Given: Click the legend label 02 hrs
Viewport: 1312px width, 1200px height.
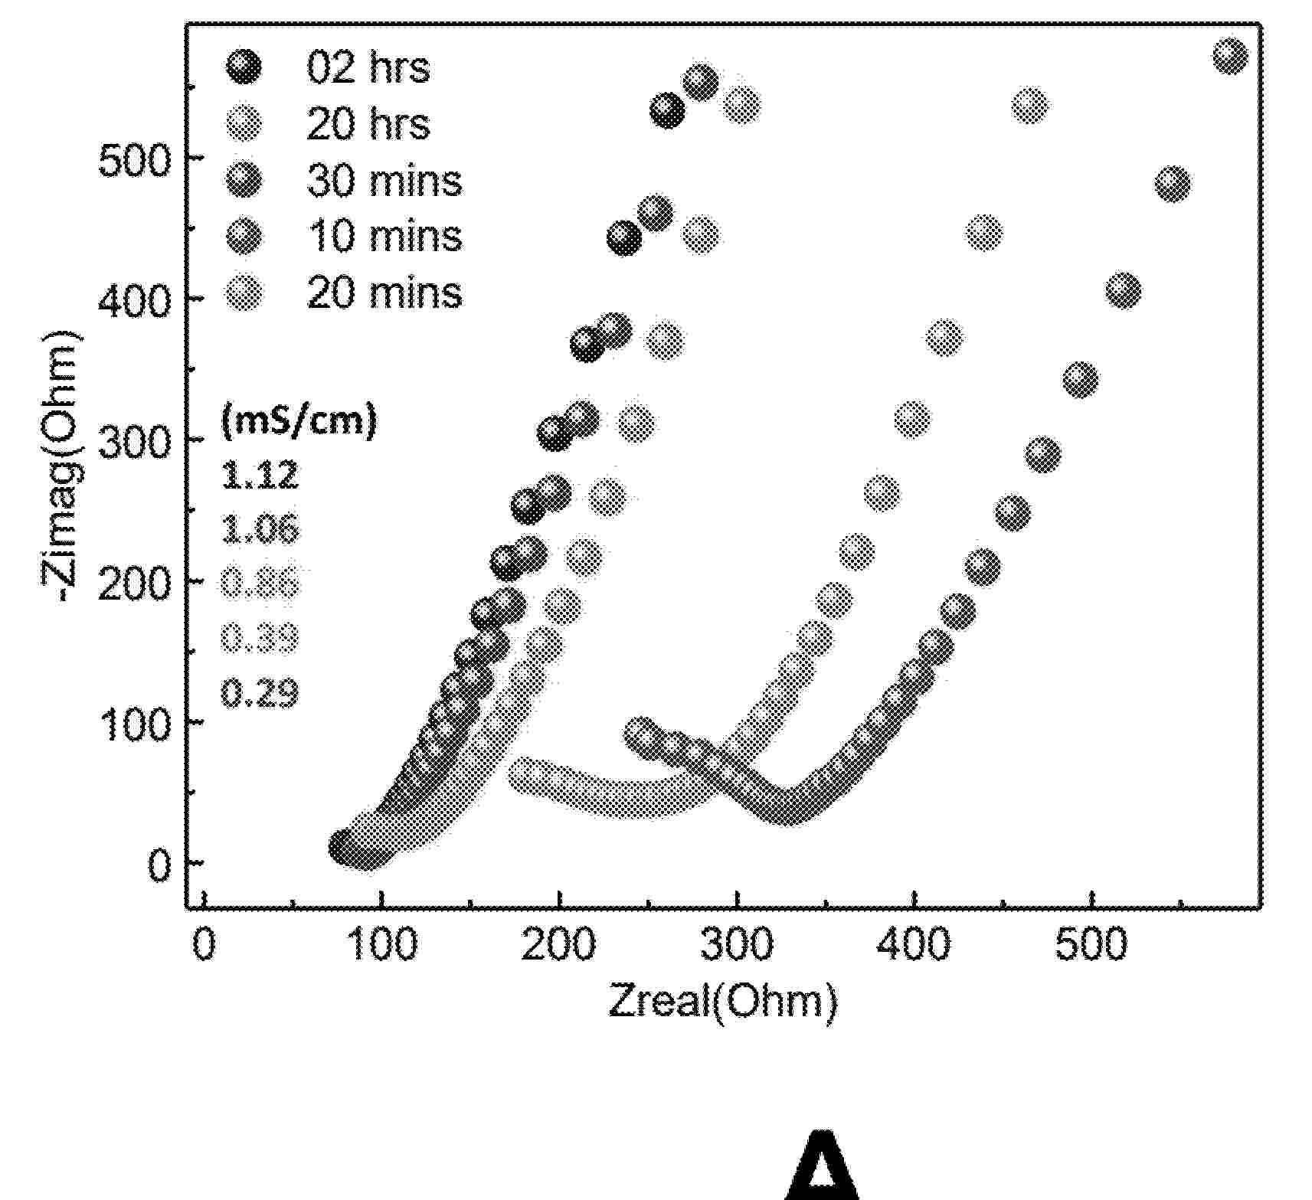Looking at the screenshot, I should coord(368,67).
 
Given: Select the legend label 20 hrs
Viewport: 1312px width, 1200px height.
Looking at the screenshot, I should coord(368,124).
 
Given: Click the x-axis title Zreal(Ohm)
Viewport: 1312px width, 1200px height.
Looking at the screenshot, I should coord(722,1002).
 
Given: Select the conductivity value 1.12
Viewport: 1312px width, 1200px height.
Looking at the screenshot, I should coord(260,476).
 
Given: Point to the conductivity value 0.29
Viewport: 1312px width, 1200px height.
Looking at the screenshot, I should coord(260,694).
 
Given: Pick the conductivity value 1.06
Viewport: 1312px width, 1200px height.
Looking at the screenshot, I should coord(260,530).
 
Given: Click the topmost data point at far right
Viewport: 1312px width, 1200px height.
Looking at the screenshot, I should coord(1230,57).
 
